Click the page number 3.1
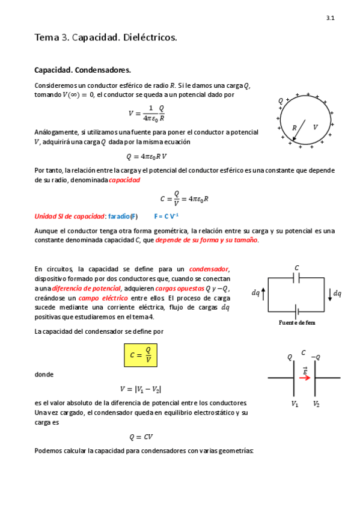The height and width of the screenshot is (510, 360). pos(331,19)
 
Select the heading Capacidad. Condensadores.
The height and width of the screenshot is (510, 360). pos(82,70)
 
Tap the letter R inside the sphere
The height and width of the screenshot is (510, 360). pos(294,127)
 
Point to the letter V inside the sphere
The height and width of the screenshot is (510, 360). pos(315,127)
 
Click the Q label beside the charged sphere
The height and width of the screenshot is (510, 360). pos(281,100)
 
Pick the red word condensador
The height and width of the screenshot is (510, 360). pos(209,269)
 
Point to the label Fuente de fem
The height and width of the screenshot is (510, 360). pos(297,322)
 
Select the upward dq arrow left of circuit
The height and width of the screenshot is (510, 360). pos(263,293)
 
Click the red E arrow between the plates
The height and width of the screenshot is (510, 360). pos(305,378)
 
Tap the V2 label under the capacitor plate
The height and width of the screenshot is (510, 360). pos(316,404)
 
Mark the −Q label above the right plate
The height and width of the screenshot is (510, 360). pos(316,357)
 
